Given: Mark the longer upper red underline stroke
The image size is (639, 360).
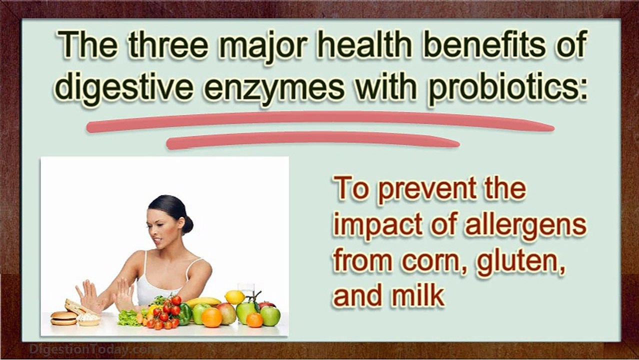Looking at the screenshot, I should pyautogui.click(x=320, y=121).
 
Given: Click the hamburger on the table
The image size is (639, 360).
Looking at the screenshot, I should pyautogui.click(x=63, y=318).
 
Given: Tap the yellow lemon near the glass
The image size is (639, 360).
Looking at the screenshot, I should pyautogui.click(x=234, y=297).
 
